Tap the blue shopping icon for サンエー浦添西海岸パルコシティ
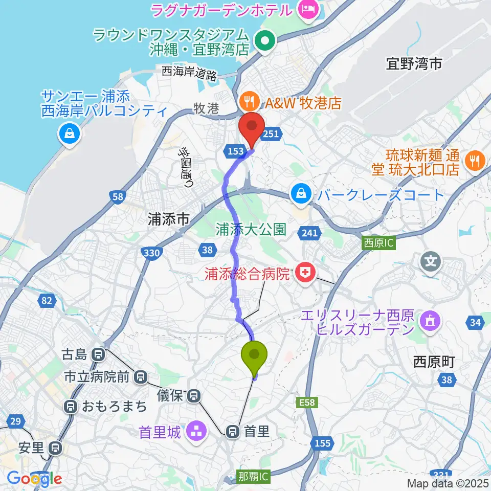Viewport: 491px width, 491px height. (68, 134)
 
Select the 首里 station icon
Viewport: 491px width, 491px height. (233, 432)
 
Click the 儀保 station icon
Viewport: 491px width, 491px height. (194, 395)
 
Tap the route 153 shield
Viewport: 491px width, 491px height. (235, 150)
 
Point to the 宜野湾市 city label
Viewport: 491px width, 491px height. (414, 63)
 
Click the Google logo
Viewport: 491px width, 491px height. (34, 479)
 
